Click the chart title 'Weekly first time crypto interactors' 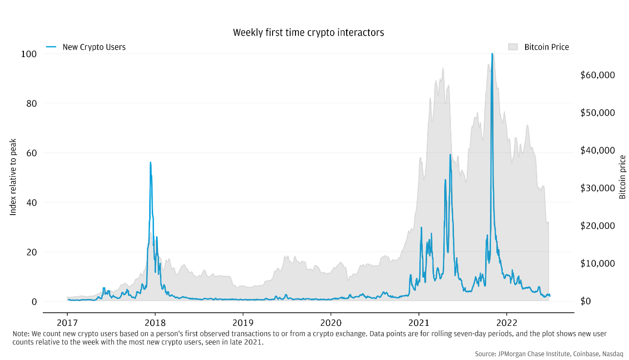[x=308, y=33]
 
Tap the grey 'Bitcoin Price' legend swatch [x=512, y=47]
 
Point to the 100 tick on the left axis [x=29, y=54]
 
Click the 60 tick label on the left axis [x=31, y=153]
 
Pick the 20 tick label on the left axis [x=31, y=252]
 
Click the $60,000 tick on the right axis [x=597, y=75]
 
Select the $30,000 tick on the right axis [x=597, y=188]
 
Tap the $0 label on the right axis [x=585, y=301]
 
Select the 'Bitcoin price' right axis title [x=622, y=177]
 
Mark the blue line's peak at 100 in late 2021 [x=492, y=54]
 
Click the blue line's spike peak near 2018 [x=150, y=162]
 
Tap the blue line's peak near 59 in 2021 [x=450, y=155]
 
